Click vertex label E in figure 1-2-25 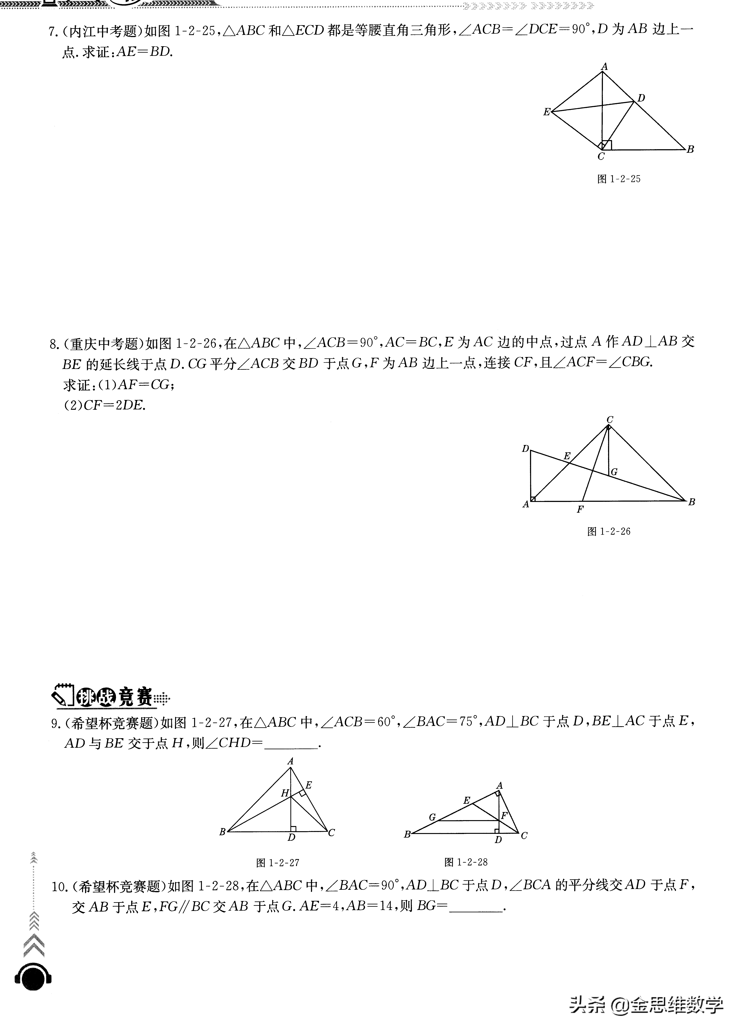tap(546, 112)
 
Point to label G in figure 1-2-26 tap(614, 472)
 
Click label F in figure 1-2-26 tap(580, 510)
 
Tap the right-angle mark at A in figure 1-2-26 tap(533, 499)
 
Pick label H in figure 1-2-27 tap(285, 793)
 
